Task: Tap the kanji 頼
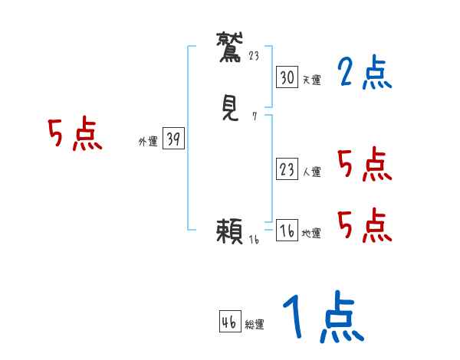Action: coord(230,231)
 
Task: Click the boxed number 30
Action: coord(287,77)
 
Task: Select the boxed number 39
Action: coord(173,139)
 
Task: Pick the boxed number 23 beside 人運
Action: coord(287,169)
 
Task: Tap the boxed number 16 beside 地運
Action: coord(287,231)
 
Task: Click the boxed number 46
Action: coord(229,322)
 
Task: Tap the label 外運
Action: coord(148,142)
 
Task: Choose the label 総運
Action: coord(254,325)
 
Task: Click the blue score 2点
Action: coord(364,74)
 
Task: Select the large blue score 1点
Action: coord(322,319)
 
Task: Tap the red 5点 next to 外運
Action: coord(74,136)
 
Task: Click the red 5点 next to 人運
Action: coord(364,165)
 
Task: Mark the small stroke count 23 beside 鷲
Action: coord(255,55)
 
